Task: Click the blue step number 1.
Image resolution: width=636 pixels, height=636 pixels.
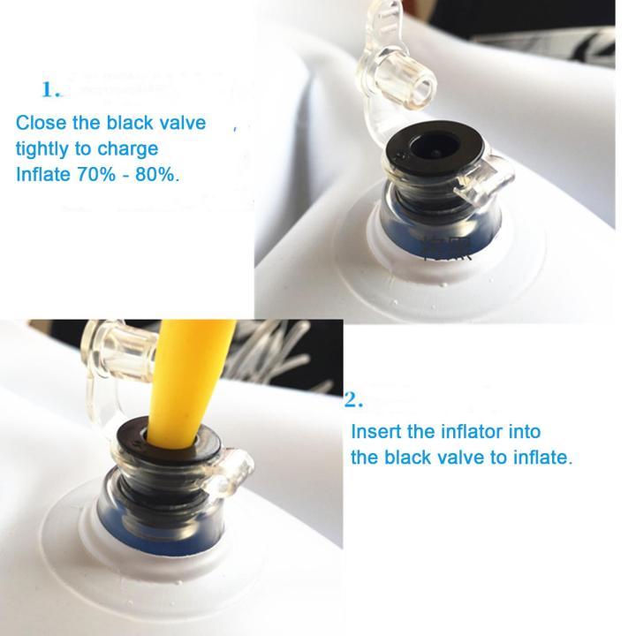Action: [50, 89]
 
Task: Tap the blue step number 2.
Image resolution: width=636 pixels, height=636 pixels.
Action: [353, 400]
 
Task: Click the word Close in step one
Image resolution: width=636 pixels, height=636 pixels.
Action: [41, 123]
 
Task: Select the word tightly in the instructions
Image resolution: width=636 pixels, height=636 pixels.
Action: [42, 149]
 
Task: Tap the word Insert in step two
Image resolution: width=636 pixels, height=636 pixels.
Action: [376, 432]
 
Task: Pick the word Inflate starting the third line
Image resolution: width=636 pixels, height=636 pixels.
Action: [43, 174]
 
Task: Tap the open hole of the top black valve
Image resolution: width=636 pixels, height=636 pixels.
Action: [434, 147]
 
